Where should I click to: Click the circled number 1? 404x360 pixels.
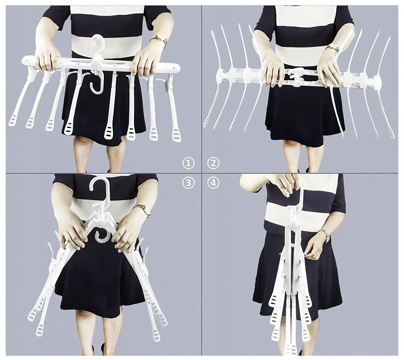(x=188, y=163)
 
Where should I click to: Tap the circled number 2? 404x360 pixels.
(x=213, y=163)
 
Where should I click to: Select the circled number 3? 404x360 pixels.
(x=188, y=183)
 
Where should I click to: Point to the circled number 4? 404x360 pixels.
(x=213, y=183)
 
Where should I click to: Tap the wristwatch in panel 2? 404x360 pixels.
(x=333, y=48)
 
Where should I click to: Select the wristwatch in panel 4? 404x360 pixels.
(x=325, y=235)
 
